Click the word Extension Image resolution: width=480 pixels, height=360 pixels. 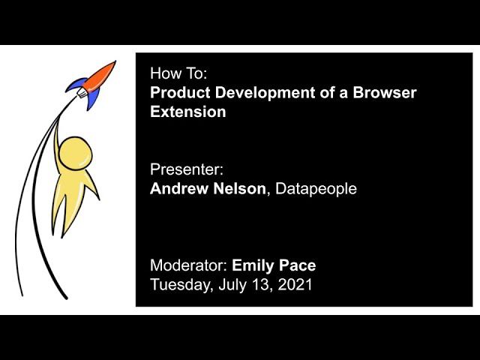(x=187, y=112)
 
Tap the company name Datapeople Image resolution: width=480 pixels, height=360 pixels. (x=316, y=189)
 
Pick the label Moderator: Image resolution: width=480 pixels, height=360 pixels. (x=188, y=265)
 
